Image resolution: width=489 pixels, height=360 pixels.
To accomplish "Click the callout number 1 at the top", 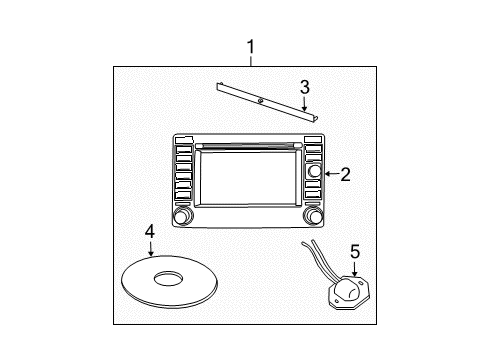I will pyautogui.click(x=250, y=46).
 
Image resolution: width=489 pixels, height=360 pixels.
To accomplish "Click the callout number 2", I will pyautogui.click(x=345, y=174).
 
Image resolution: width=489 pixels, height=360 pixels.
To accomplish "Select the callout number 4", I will pyautogui.click(x=149, y=231).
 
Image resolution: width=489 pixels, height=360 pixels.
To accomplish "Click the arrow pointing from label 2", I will pyautogui.click(x=329, y=174).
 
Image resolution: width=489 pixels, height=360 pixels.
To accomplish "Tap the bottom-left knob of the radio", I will pyautogui.click(x=182, y=218).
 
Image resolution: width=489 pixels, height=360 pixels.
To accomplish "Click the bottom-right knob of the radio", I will pyautogui.click(x=314, y=218).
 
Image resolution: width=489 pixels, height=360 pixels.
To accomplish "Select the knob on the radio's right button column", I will pyautogui.click(x=314, y=172).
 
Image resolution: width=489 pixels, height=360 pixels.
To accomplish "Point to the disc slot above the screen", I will pyautogui.click(x=248, y=145).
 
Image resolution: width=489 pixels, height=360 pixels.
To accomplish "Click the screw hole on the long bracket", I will pyautogui.click(x=259, y=101).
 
